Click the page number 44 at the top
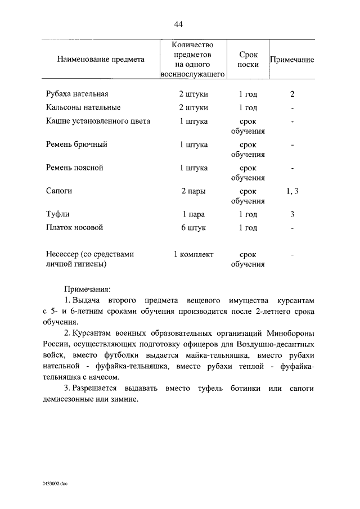pos(179,24)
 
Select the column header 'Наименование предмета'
pos(100,59)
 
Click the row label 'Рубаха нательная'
pos(76,94)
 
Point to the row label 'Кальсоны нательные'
pos(83,107)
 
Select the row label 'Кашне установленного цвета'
pos(98,121)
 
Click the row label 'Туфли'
pos(57,214)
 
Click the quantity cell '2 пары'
pos(193,191)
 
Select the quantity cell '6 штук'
pos(193,228)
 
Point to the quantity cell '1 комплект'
pos(193,254)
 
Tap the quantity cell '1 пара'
pos(193,214)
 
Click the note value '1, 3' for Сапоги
pos(292,191)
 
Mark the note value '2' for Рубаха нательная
pos(292,94)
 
